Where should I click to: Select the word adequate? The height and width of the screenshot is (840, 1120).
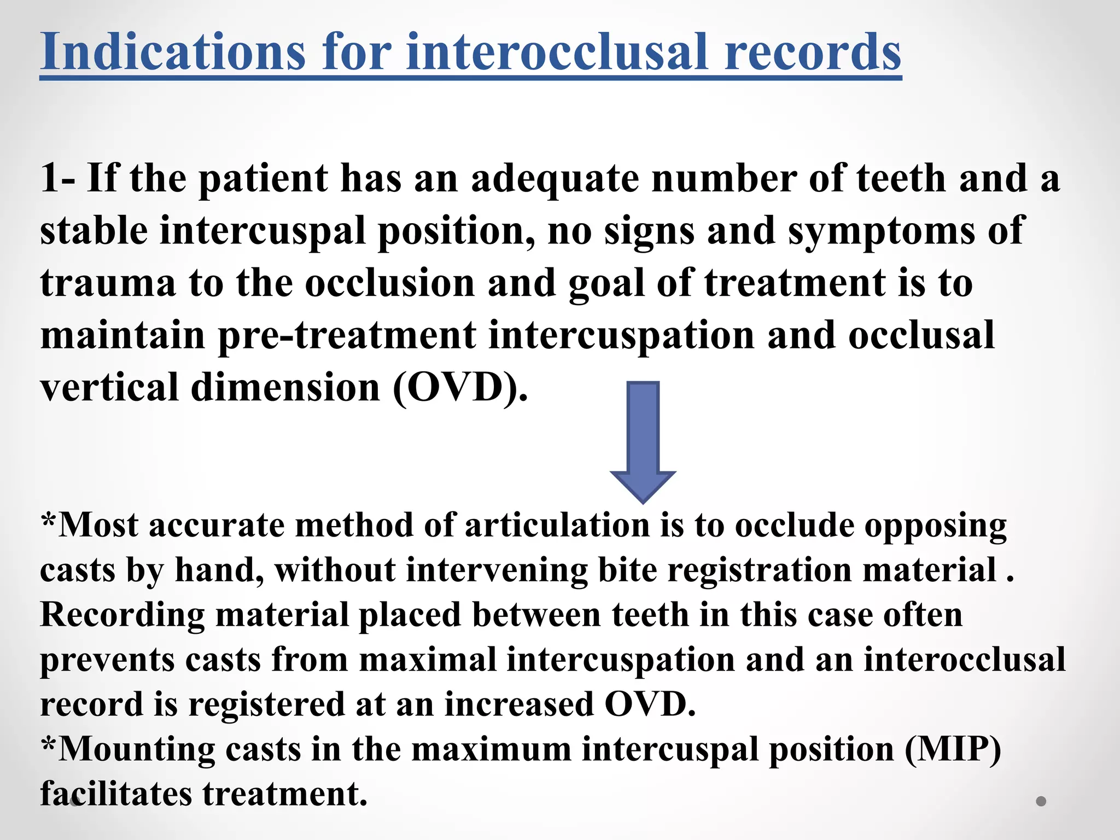pyautogui.click(x=555, y=179)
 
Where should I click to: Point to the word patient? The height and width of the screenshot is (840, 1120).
pyautogui.click(x=263, y=179)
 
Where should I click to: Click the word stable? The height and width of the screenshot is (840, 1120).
pyautogui.click(x=94, y=230)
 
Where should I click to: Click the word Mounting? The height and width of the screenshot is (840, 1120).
pyautogui.click(x=136, y=749)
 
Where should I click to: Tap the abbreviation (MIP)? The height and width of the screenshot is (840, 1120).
pyautogui.click(x=953, y=749)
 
